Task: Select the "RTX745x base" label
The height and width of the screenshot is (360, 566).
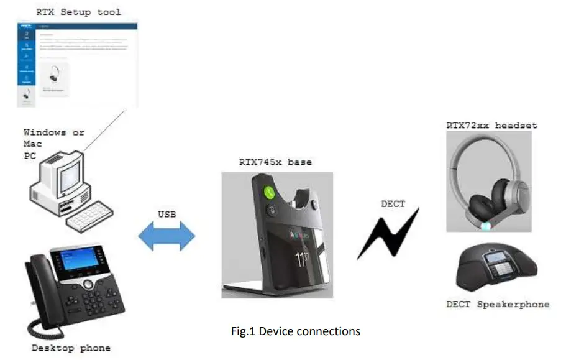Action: tap(275, 162)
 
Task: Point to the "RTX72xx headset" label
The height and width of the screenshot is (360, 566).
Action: tap(491, 125)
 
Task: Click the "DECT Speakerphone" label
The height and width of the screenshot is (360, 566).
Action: tap(498, 304)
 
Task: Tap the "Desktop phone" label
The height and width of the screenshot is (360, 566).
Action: tap(71, 348)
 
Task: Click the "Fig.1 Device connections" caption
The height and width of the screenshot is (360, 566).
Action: tap(295, 331)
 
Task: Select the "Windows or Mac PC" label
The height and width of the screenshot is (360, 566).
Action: tap(53, 143)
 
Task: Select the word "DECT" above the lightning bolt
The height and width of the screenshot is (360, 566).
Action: tap(393, 203)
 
